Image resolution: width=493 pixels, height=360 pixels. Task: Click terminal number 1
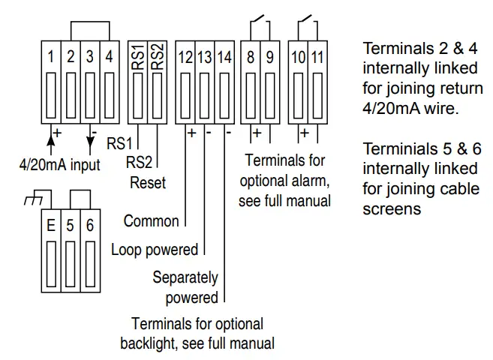50,57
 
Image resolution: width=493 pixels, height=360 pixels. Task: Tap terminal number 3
89,57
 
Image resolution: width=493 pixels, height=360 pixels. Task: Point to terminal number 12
185,57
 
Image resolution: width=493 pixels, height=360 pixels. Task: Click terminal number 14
224,57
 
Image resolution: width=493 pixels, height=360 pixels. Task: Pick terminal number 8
252,57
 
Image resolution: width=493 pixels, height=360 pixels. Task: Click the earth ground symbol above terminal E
32,200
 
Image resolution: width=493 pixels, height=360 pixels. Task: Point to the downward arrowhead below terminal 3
90,148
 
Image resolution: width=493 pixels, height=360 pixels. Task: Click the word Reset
148,182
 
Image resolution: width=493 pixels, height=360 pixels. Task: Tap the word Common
151,220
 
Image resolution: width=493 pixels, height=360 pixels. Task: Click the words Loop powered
154,249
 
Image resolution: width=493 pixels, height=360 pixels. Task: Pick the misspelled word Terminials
395,148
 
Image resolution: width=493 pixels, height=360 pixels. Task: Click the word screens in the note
391,209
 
